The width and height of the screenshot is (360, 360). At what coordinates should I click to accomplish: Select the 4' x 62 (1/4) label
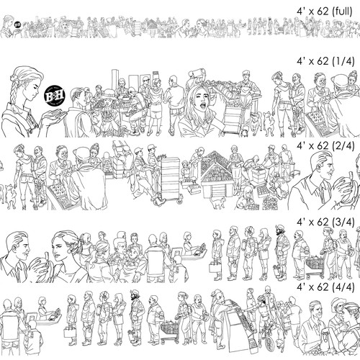pyautogui.click(x=323, y=63)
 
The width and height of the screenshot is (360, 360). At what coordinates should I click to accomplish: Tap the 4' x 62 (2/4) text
pyautogui.click(x=323, y=145)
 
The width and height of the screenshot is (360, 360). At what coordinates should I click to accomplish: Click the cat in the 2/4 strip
pyautogui.click(x=9, y=193)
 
